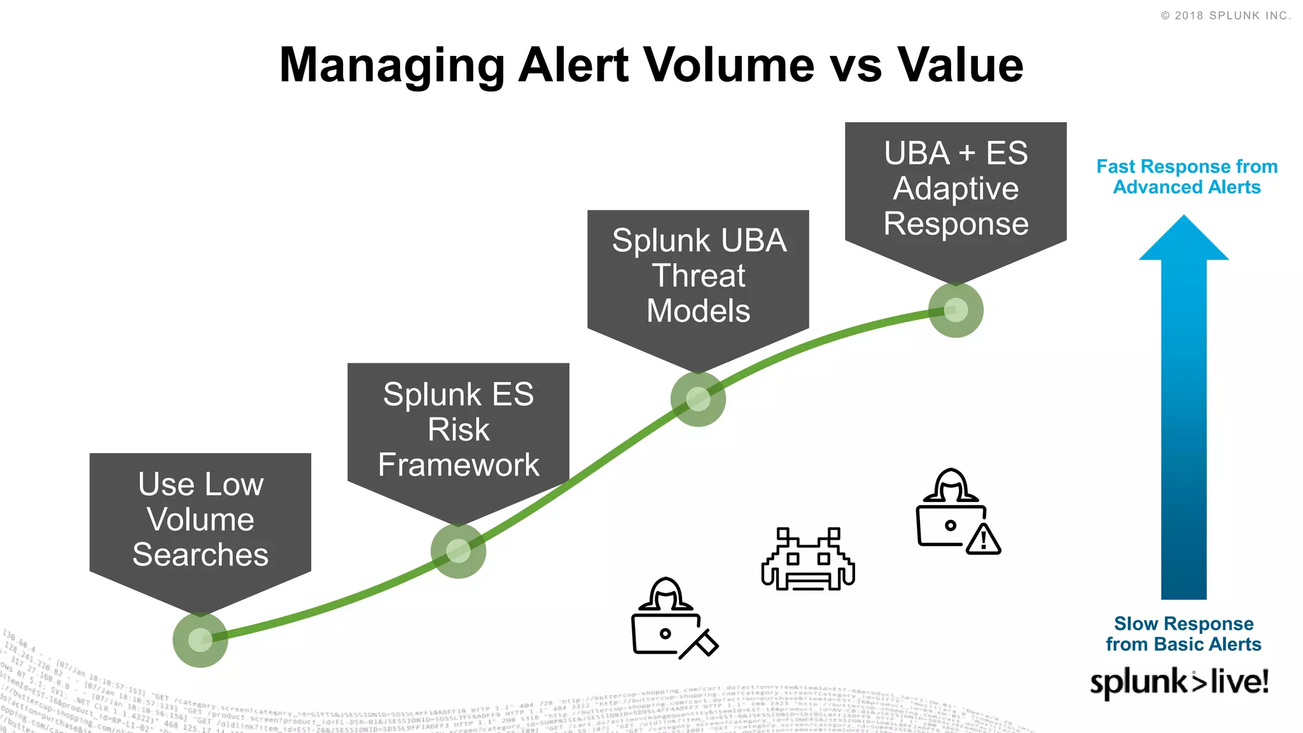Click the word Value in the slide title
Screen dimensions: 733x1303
click(960, 66)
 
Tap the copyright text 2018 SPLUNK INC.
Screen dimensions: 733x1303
click(1226, 16)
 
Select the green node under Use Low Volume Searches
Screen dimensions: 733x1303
click(200, 639)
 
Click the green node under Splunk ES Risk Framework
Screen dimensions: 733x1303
click(458, 551)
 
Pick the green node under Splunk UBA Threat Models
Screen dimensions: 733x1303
click(698, 399)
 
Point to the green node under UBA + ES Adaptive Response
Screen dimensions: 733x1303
click(956, 310)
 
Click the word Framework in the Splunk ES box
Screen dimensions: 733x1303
click(458, 464)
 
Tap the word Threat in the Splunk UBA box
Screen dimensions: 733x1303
click(698, 276)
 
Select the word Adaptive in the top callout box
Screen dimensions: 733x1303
click(956, 189)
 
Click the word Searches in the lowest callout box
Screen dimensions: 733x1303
click(200, 554)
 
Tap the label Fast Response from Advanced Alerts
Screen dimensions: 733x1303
click(1187, 177)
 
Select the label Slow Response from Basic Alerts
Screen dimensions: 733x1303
click(1183, 634)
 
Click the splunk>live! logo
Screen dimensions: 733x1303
click(1179, 682)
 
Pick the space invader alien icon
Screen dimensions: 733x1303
click(808, 559)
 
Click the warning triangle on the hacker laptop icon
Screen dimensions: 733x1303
click(984, 540)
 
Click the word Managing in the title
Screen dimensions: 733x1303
click(392, 66)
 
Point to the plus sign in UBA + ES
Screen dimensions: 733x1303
click(966, 153)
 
